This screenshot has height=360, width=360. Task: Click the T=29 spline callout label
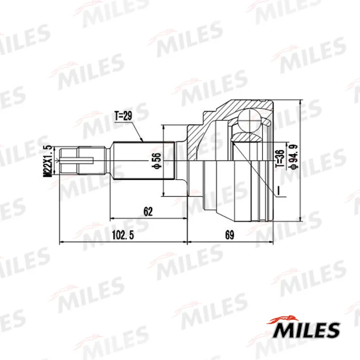pyautogui.click(x=123, y=116)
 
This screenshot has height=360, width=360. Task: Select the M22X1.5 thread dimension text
pyautogui.click(x=48, y=161)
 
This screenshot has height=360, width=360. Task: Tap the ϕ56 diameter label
pyautogui.click(x=157, y=161)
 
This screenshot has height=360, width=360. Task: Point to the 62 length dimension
pyautogui.click(x=148, y=211)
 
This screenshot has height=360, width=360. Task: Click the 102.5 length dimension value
pyautogui.click(x=123, y=235)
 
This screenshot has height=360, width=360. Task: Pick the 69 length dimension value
pyautogui.click(x=229, y=235)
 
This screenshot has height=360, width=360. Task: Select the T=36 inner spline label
pyautogui.click(x=280, y=158)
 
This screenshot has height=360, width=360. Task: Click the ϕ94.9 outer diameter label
pyautogui.click(x=294, y=157)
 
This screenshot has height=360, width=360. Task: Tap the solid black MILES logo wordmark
pyautogui.click(x=306, y=330)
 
